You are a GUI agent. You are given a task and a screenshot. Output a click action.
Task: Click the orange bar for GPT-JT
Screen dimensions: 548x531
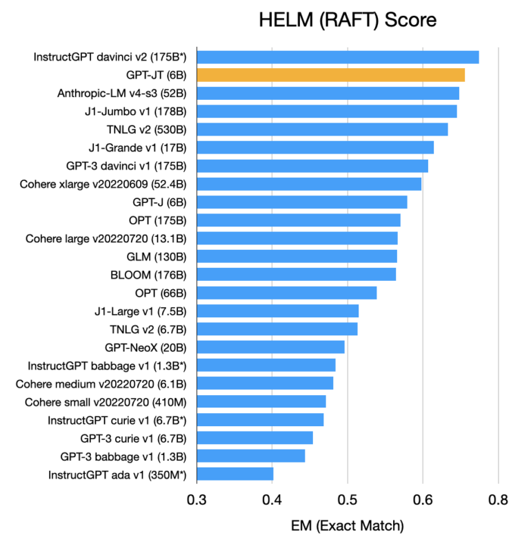[x=331, y=75]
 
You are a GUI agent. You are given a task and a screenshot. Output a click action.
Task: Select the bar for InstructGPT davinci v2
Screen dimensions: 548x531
[x=338, y=57]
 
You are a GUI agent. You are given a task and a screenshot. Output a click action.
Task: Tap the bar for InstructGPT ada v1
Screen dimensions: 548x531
[x=235, y=474]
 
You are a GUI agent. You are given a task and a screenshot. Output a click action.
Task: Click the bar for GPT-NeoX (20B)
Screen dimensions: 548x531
[x=270, y=347]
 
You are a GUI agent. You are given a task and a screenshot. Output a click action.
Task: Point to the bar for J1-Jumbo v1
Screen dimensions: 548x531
[x=327, y=112]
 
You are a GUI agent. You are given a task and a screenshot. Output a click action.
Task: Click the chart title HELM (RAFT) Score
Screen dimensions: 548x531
[x=348, y=20]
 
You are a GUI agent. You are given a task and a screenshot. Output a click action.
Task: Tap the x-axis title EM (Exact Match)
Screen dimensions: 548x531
[x=348, y=527]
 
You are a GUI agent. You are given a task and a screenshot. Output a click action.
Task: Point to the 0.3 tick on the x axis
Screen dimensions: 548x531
[x=197, y=499]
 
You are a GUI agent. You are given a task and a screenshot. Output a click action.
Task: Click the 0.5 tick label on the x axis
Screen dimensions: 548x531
[x=348, y=499]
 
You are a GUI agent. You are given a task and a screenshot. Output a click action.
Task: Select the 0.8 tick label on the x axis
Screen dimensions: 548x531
[x=498, y=499]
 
